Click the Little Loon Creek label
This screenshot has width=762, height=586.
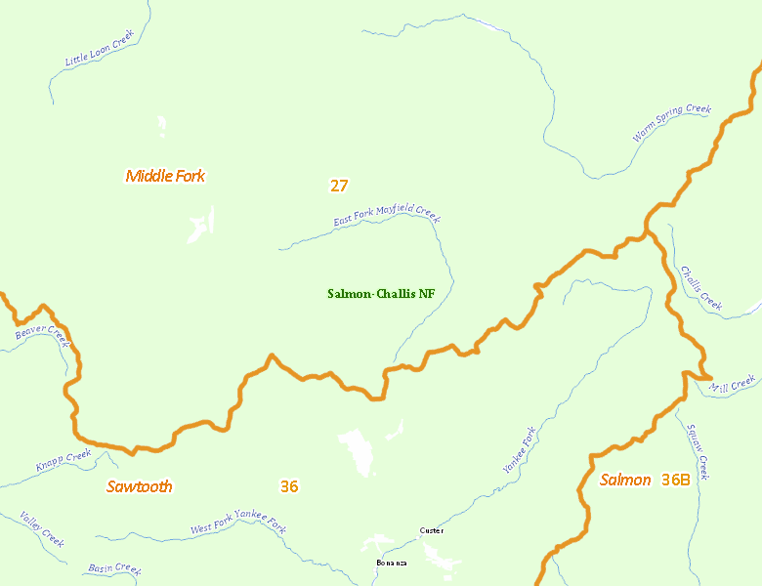[99, 49]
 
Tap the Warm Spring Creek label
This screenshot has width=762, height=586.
[671, 124]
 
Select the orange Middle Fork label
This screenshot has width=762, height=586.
[165, 176]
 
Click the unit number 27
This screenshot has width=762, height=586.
[339, 185]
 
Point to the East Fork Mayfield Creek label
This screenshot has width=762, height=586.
[387, 216]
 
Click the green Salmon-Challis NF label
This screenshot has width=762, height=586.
[381, 293]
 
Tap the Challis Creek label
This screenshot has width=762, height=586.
[701, 289]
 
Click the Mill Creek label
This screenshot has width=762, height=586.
[733, 383]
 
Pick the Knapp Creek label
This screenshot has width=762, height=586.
[63, 460]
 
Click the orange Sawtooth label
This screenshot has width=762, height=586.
[140, 486]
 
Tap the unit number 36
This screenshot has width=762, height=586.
[289, 486]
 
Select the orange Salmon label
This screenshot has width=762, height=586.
[625, 480]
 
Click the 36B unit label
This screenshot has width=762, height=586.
[675, 480]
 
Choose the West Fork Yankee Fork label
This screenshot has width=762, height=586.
[238, 527]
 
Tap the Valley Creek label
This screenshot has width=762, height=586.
[42, 528]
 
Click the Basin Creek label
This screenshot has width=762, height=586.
[114, 567]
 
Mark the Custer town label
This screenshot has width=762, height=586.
[431, 530]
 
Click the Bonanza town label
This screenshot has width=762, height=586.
[392, 563]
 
